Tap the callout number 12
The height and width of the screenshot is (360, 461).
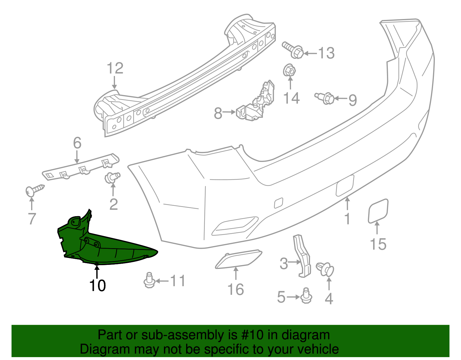[x=115, y=69]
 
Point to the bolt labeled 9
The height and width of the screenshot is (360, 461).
[x=325, y=98]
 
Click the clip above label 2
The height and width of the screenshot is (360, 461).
[x=112, y=177]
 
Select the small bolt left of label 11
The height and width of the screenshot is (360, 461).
[x=149, y=280]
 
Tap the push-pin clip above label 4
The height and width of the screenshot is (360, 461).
[x=326, y=269]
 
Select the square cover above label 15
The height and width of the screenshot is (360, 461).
[x=378, y=211]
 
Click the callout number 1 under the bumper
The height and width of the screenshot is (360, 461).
[x=347, y=219]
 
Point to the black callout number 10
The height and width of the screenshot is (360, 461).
[x=97, y=286]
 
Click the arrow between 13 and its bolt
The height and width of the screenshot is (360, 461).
[x=311, y=53]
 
